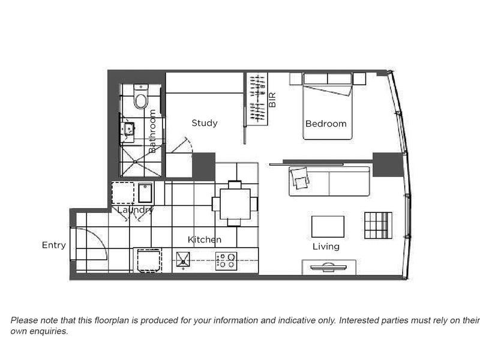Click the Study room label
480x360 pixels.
[205, 123]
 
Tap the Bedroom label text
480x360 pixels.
[326, 124]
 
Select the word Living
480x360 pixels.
[326, 247]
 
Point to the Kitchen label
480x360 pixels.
[205, 239]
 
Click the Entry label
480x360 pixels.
[54, 245]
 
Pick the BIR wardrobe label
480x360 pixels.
[272, 100]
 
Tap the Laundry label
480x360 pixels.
[136, 210]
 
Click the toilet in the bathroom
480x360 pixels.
[141, 97]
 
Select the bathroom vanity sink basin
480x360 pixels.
[128, 129]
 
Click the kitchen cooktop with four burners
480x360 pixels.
[226, 261]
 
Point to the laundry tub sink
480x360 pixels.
[145, 193]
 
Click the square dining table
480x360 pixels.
[235, 204]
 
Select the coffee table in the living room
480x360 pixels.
[328, 227]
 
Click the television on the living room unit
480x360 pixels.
[328, 267]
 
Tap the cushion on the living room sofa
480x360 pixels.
[299, 177]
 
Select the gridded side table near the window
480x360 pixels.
[379, 226]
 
